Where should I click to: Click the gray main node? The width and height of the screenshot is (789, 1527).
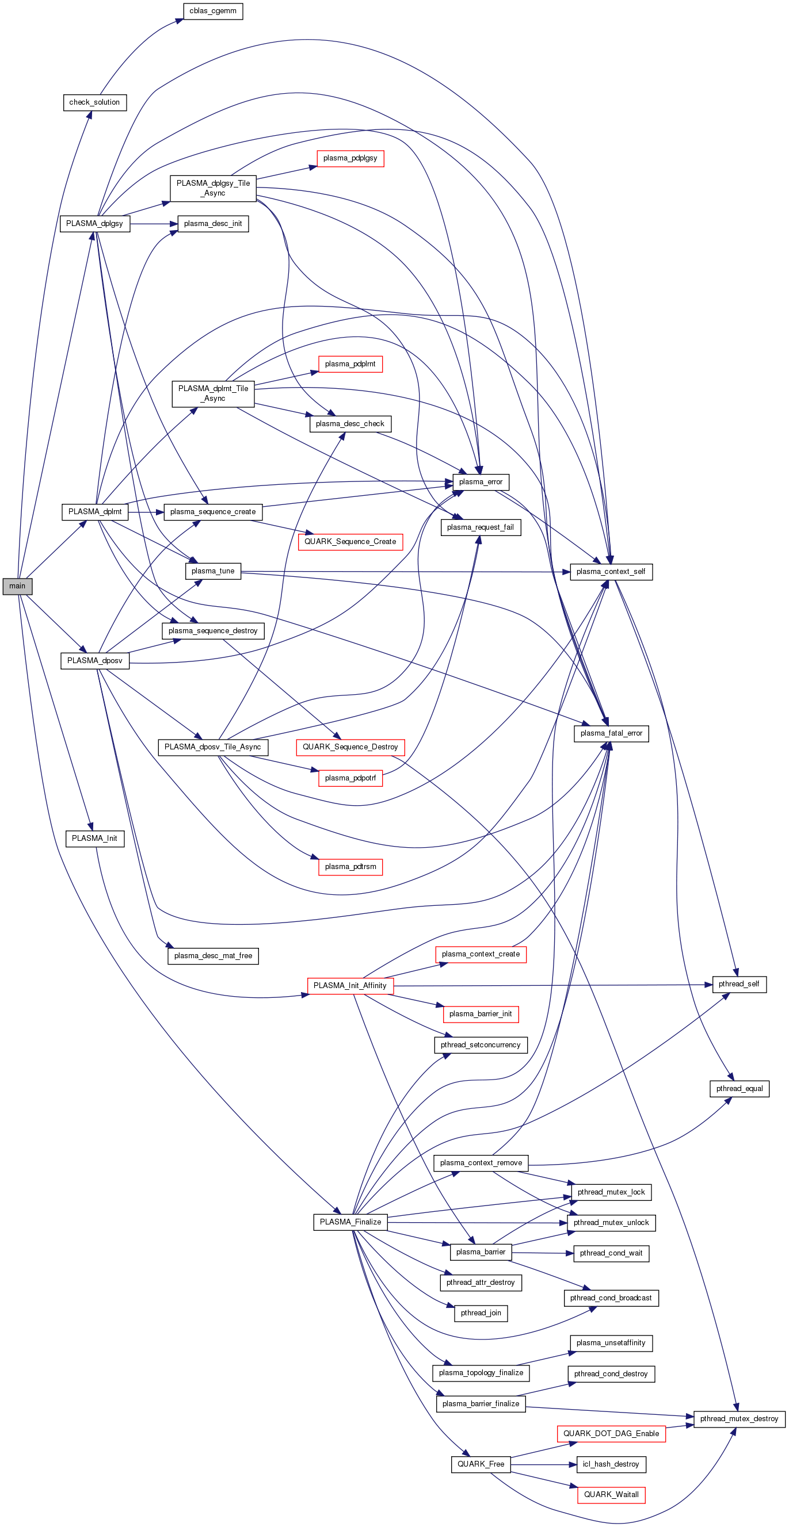(17, 586)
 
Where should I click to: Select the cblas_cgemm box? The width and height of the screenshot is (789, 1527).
(212, 12)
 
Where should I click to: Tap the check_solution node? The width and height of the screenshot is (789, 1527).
(95, 102)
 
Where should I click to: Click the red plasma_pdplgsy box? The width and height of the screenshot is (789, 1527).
(350, 158)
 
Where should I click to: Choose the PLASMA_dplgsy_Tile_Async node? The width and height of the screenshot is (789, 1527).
(213, 188)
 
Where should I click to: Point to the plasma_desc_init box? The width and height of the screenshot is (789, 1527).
(212, 224)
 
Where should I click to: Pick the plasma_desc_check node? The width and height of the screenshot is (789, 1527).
(350, 424)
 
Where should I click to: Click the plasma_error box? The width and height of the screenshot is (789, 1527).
(481, 482)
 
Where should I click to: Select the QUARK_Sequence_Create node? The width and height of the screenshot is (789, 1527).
(350, 542)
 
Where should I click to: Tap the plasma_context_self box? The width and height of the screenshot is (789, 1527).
(611, 572)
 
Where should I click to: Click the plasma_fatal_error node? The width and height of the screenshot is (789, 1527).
(611, 733)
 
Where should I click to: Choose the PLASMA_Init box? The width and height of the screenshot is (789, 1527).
(94, 838)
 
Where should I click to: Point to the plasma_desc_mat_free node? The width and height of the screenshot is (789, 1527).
(213, 955)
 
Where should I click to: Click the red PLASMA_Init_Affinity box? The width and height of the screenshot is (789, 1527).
(350, 985)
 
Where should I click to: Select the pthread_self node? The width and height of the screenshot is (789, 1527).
(739, 984)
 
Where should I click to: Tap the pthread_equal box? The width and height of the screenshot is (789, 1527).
(739, 1088)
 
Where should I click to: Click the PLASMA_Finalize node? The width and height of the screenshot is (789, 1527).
(350, 1222)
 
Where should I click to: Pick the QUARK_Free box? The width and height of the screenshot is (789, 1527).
(481, 1464)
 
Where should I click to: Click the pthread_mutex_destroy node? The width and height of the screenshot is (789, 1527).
(739, 1418)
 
